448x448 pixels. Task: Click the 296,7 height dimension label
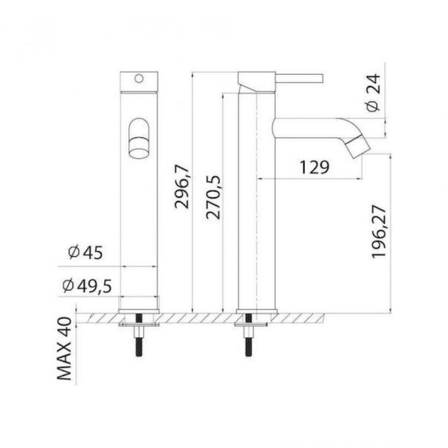182,186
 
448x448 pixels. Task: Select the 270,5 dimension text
213,197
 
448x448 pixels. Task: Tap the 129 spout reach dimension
314,167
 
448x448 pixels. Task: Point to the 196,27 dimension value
379,232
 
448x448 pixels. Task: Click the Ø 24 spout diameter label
373,92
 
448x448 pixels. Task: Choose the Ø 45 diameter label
85,253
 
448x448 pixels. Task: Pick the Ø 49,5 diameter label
87,285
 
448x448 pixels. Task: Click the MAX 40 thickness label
64,349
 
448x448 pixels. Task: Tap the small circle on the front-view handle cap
139,78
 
